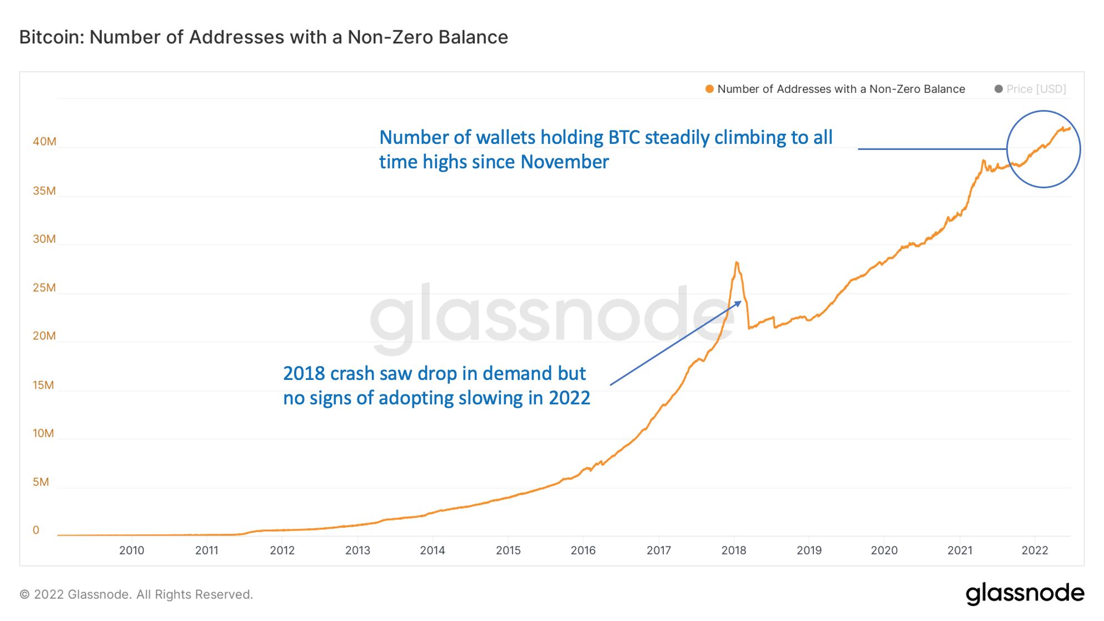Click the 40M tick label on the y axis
tap(44, 142)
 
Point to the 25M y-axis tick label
tap(44, 288)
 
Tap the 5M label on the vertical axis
tap(41, 482)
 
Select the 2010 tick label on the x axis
tap(132, 550)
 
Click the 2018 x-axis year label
tap(734, 550)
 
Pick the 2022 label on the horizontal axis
tap(1035, 550)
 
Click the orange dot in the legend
tap(709, 89)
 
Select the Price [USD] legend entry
tap(1036, 89)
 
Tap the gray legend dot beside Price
tap(998, 89)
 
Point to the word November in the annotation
tap(565, 162)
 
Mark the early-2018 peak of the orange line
tap(737, 263)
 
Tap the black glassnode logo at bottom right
tap(1025, 594)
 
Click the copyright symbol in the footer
tap(24, 595)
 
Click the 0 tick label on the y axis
tap(36, 530)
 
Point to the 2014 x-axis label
tap(432, 550)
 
